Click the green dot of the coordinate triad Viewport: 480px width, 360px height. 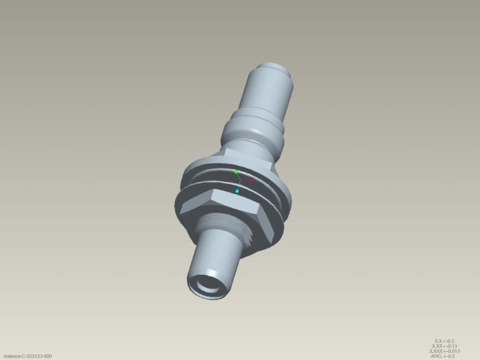click(x=236, y=171)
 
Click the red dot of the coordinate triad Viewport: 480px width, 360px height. click(x=253, y=181)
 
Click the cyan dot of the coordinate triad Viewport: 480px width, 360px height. click(x=237, y=191)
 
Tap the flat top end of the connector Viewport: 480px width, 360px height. click(x=276, y=66)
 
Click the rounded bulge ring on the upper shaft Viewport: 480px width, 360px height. click(x=252, y=128)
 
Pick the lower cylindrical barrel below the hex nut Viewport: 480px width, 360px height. click(x=216, y=256)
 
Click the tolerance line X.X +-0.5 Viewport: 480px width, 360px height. click(x=444, y=341)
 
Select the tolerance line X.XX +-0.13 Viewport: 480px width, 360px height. click(x=445, y=346)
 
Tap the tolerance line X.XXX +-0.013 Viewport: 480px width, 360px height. click(x=445, y=351)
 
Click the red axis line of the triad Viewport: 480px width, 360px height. click(x=246, y=180)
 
